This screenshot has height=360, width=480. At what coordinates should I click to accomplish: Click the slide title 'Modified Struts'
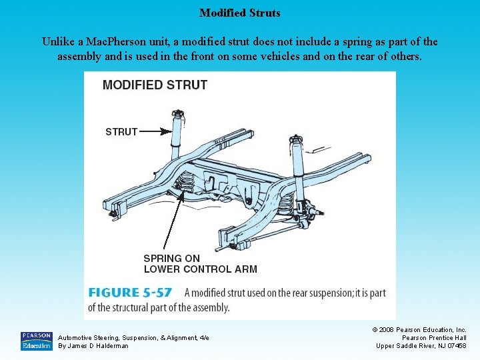(x=240, y=13)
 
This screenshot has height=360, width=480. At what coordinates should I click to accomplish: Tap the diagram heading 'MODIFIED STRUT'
(x=155, y=85)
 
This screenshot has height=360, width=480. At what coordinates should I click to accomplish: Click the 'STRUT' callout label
(x=121, y=131)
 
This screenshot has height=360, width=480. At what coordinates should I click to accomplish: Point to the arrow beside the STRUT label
(x=155, y=131)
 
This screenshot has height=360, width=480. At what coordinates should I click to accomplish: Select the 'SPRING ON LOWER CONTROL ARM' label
(x=200, y=263)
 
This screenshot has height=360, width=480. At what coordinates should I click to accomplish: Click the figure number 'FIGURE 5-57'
(x=131, y=293)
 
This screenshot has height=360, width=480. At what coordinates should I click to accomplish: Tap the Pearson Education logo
(x=36, y=341)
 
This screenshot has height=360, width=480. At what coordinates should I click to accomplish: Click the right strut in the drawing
(x=296, y=167)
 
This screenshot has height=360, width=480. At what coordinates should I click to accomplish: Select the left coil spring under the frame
(x=188, y=183)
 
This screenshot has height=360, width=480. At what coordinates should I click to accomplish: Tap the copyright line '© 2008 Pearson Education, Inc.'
(x=419, y=329)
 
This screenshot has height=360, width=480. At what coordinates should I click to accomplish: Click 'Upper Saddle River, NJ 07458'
(x=421, y=345)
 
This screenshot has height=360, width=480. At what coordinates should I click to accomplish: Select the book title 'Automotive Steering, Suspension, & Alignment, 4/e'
(x=133, y=337)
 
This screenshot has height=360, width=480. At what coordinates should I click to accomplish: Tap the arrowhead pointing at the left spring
(x=181, y=193)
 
